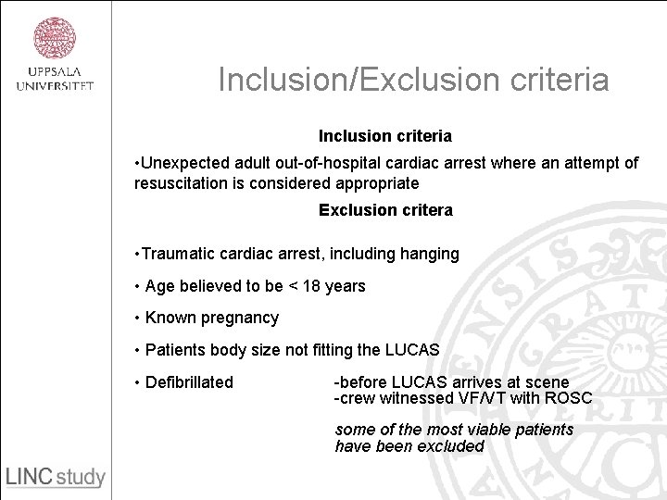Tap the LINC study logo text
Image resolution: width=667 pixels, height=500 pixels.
click(56, 477)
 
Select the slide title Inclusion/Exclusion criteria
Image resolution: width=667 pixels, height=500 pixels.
click(413, 80)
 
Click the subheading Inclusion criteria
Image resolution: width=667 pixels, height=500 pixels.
click(385, 136)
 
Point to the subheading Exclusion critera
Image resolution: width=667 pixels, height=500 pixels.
click(385, 210)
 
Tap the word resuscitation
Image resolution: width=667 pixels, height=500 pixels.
click(180, 183)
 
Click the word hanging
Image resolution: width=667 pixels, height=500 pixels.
click(429, 254)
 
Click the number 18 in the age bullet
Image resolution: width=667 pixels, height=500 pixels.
click(310, 286)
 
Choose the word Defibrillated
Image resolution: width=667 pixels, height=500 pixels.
click(187, 382)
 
